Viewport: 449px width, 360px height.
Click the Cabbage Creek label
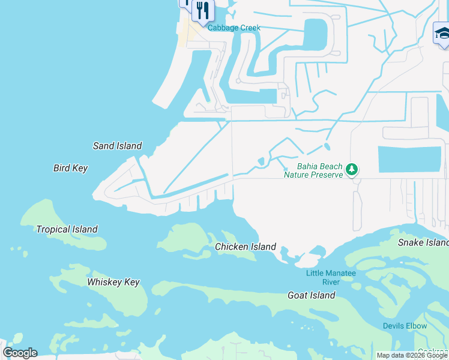tap(235, 28)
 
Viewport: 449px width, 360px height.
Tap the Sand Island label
tap(117, 146)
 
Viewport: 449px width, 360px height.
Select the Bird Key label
tap(70, 169)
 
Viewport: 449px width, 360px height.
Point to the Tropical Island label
tap(67, 229)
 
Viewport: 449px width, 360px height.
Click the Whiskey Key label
tap(113, 282)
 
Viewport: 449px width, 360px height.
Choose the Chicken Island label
tap(246, 247)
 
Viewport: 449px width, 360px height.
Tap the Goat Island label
tap(311, 295)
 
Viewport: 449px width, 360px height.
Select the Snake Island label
tap(423, 242)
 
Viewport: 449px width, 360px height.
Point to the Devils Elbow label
tap(405, 326)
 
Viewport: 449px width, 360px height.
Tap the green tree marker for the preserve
tap(352, 170)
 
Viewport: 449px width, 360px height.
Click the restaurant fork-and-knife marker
tap(203, 10)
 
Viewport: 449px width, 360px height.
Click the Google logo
tap(20, 353)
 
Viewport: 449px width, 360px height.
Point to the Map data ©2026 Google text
tap(412, 355)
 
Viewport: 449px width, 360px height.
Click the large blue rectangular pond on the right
tap(409, 159)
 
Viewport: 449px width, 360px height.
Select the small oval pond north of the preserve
tap(327, 146)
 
